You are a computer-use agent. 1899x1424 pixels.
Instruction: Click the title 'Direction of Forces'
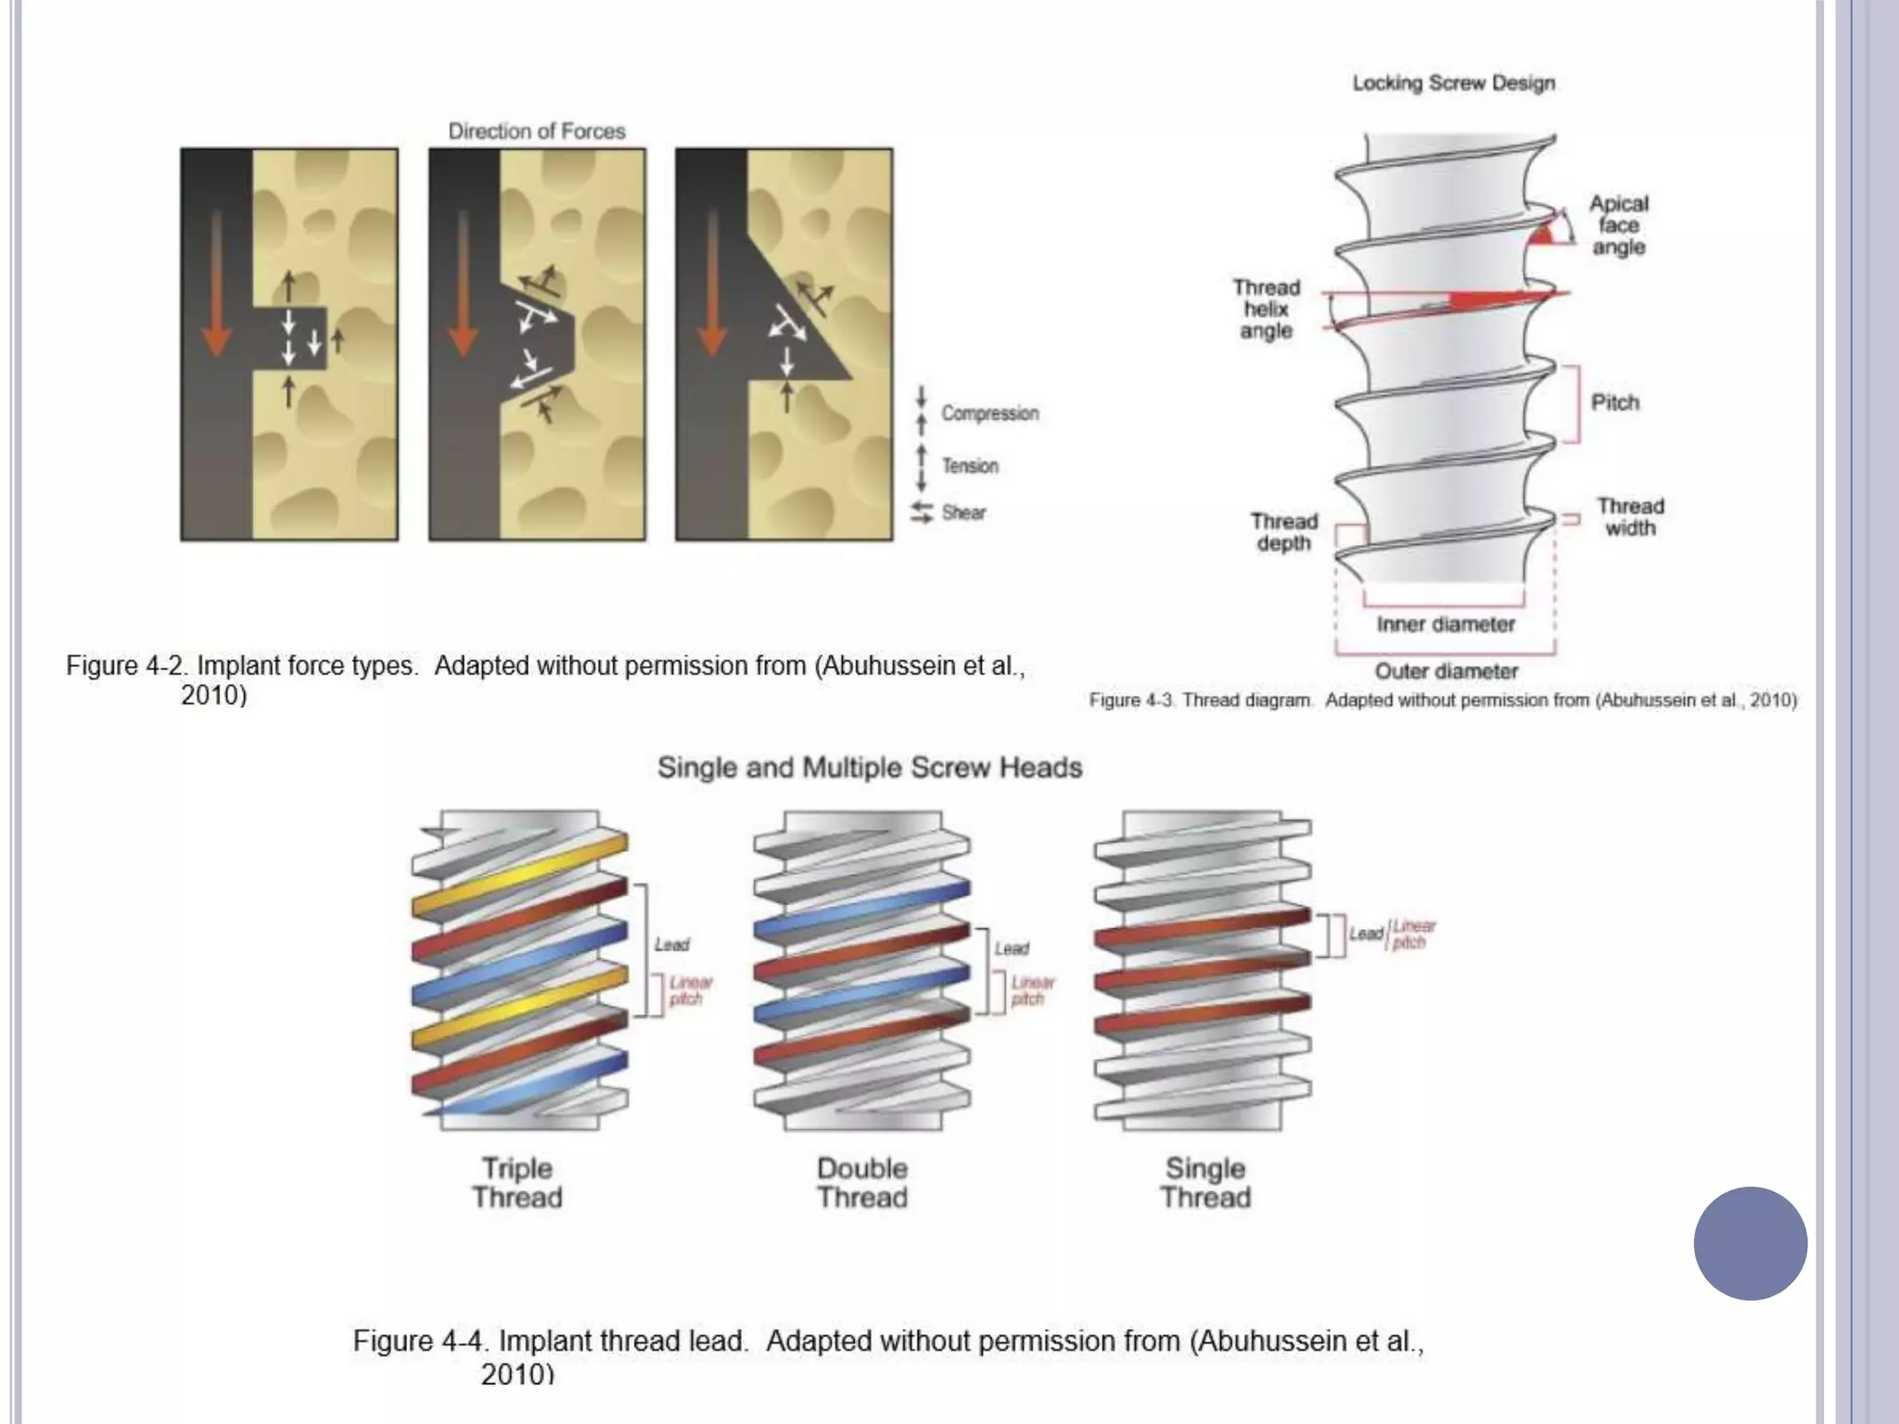click(x=536, y=131)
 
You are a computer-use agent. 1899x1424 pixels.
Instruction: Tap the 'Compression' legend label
click(x=989, y=413)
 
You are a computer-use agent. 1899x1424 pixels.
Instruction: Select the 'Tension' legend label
click(x=970, y=465)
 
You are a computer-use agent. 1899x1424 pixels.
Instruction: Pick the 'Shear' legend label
click(x=963, y=512)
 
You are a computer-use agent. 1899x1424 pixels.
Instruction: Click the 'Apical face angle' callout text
click(x=1618, y=225)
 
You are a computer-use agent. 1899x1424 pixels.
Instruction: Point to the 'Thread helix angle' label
click(x=1266, y=309)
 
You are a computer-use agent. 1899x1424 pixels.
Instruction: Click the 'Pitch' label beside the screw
click(x=1614, y=402)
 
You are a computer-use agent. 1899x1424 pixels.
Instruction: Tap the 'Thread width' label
click(x=1629, y=516)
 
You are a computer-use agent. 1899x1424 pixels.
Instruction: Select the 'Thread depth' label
click(x=1283, y=532)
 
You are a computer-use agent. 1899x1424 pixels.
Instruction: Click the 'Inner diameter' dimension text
click(x=1445, y=624)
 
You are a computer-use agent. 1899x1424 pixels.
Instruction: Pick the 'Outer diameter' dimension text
click(x=1446, y=670)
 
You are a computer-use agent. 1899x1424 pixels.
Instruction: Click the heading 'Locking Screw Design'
click(x=1453, y=83)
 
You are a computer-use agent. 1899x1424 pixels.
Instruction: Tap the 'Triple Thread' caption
click(x=516, y=1182)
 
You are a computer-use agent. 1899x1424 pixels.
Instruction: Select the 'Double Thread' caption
click(x=861, y=1182)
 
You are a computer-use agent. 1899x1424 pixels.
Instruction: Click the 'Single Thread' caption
click(x=1205, y=1182)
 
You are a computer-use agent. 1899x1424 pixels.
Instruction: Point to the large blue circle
click(x=1750, y=1243)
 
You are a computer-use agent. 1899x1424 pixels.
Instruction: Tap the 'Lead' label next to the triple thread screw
click(x=671, y=945)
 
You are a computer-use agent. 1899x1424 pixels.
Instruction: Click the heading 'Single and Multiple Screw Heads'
click(x=869, y=768)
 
